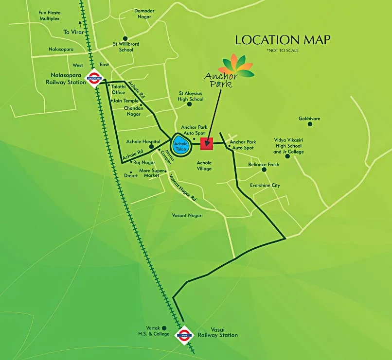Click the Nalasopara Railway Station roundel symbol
click(x=93, y=77)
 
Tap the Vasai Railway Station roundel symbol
click(x=184, y=334)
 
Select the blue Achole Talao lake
click(x=180, y=145)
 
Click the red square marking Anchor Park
click(x=207, y=143)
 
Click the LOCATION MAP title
click(x=283, y=40)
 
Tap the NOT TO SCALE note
click(x=282, y=51)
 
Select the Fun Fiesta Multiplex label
click(x=49, y=15)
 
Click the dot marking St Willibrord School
click(x=125, y=38)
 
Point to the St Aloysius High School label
click(x=191, y=96)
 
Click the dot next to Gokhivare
click(x=309, y=124)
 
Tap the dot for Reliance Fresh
click(x=264, y=170)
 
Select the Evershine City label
click(x=265, y=185)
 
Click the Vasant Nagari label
click(x=187, y=215)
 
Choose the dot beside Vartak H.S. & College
click(x=164, y=328)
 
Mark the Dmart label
click(x=131, y=175)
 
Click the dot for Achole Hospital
click(x=151, y=146)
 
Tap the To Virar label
click(x=73, y=32)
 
